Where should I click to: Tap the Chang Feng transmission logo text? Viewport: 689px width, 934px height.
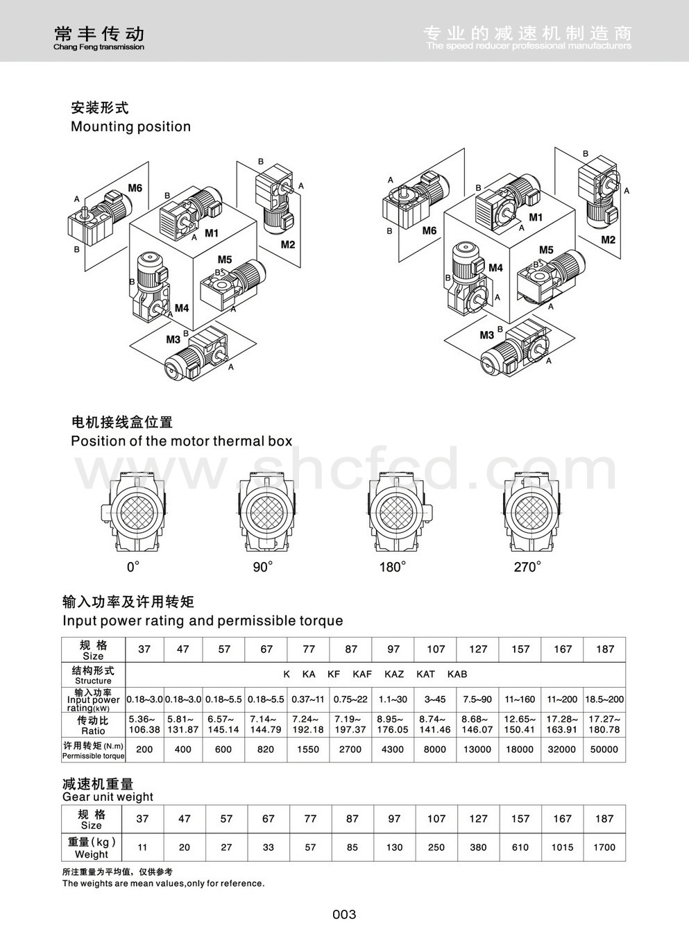99,46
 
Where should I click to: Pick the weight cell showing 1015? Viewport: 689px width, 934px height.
562,847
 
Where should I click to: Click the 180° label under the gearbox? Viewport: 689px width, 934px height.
393,567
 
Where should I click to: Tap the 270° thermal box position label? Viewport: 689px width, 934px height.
527,567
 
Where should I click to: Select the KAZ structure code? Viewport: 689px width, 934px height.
394,674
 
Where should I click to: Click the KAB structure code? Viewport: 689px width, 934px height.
457,674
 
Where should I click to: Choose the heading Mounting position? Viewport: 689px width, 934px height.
130,126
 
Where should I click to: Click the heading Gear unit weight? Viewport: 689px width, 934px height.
108,797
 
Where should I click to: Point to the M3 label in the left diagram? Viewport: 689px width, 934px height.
173,339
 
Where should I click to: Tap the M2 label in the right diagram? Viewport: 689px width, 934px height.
608,239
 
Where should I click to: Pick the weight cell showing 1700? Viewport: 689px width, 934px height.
604,847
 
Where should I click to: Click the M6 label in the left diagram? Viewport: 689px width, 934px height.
135,188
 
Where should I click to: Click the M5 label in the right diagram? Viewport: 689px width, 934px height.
546,250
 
